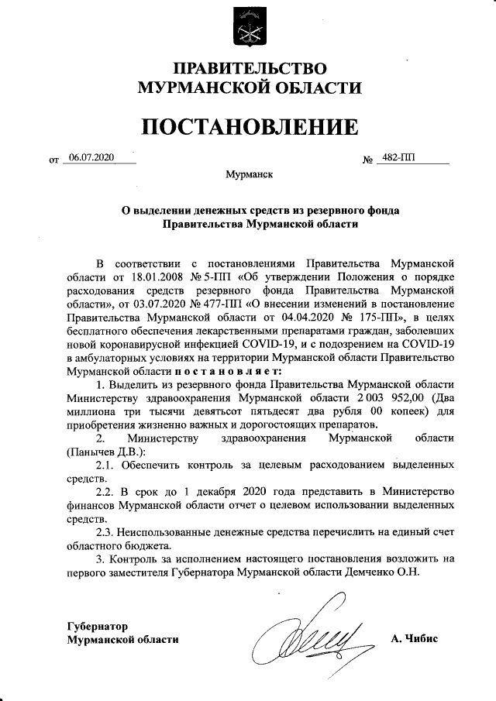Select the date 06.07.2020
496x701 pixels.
(x=91, y=158)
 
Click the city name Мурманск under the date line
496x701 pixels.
(x=249, y=176)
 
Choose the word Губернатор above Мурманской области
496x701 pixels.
(x=96, y=625)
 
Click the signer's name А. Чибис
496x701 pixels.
(x=415, y=639)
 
